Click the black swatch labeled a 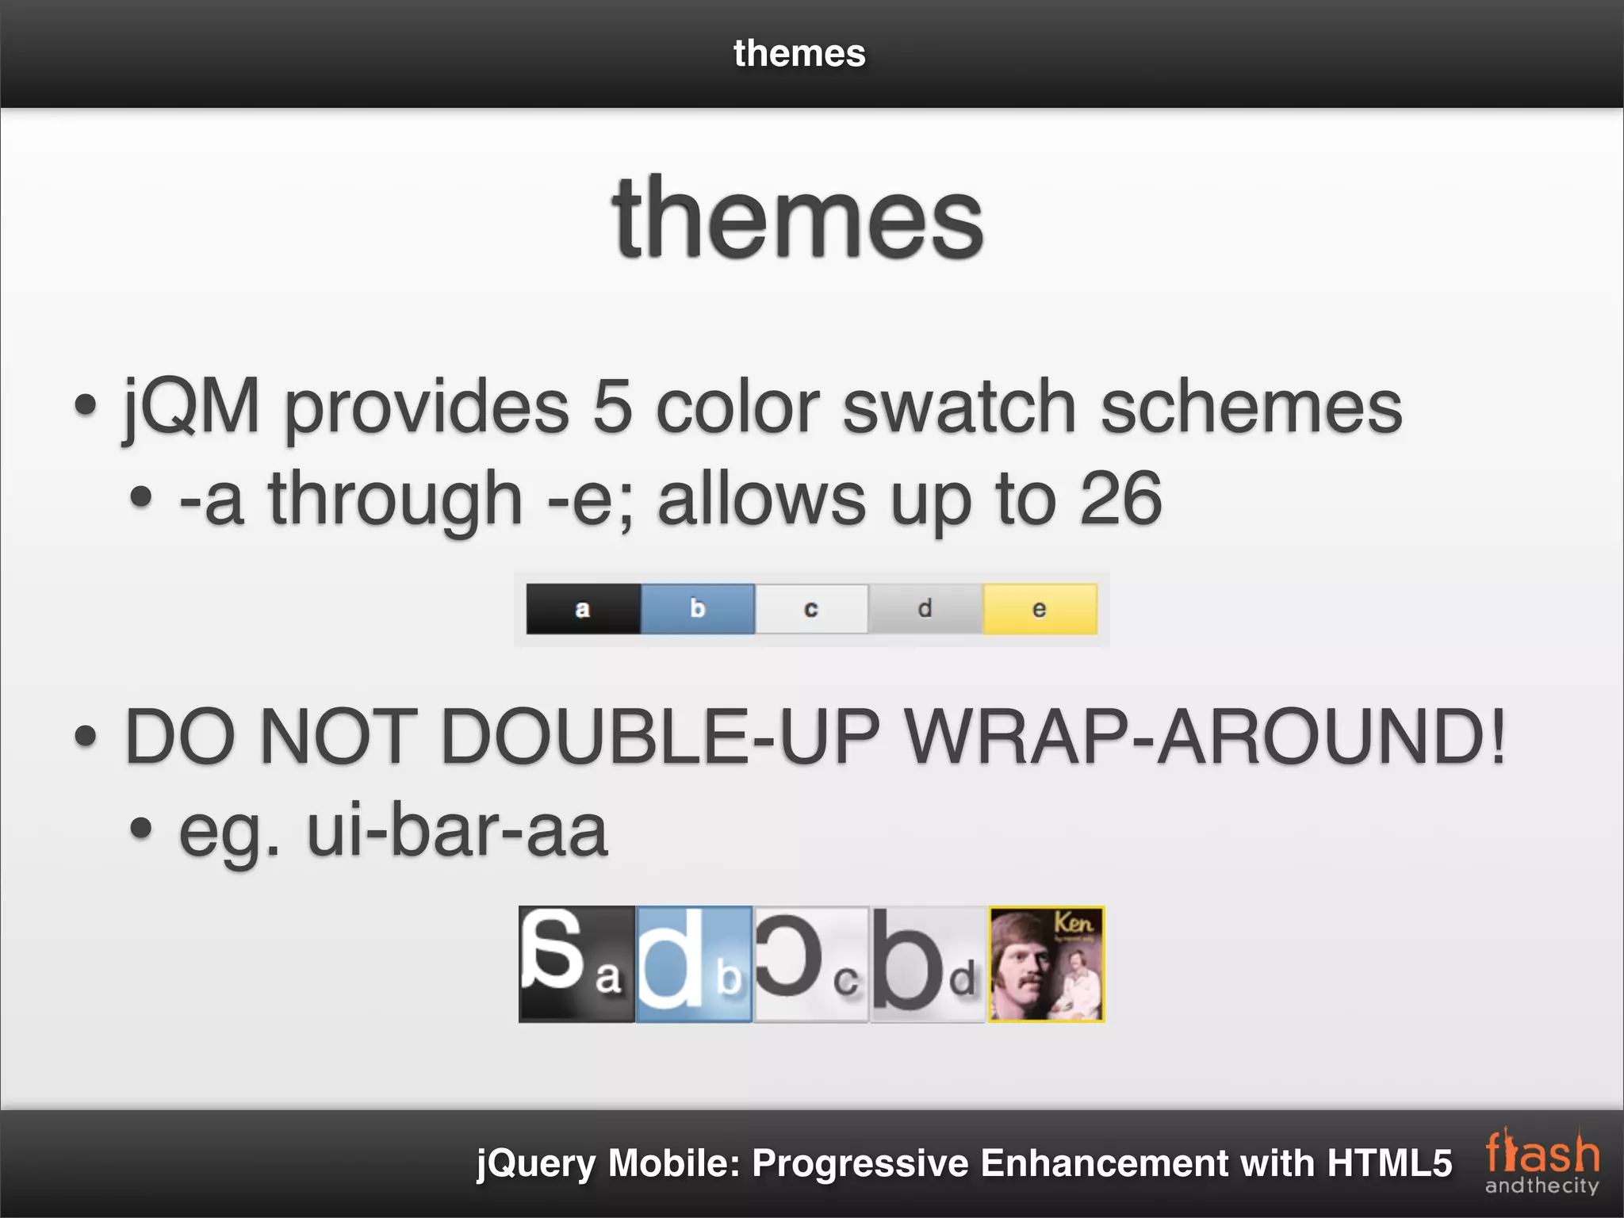pos(583,609)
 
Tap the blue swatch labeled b pos(697,609)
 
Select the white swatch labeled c pos(811,609)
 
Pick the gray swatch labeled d pos(925,609)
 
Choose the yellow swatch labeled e pos(1040,609)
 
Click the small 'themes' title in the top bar pos(799,54)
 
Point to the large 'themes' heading pos(798,219)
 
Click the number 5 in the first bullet pos(612,407)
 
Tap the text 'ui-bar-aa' pos(458,830)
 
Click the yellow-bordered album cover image pos(1046,964)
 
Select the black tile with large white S pos(576,964)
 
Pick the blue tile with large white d pos(694,964)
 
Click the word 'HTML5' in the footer pos(1389,1163)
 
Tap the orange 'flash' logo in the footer pos(1542,1155)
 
